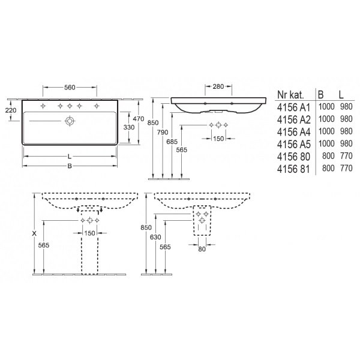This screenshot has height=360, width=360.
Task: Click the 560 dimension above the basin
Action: pyautogui.click(x=70, y=88)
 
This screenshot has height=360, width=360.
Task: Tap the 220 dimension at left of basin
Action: pyautogui.click(x=11, y=110)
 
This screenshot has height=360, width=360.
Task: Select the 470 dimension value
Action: pyautogui.click(x=139, y=119)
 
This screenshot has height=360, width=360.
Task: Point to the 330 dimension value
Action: pyautogui.click(x=129, y=127)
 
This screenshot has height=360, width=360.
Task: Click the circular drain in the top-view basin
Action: pyautogui.click(x=70, y=121)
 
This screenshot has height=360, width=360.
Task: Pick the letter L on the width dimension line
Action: pyautogui.click(x=70, y=157)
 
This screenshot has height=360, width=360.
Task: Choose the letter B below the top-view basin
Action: pyautogui.click(x=70, y=166)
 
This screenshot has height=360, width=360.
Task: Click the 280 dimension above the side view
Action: pyautogui.click(x=218, y=86)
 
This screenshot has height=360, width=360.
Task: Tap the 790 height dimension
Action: pyautogui.click(x=163, y=132)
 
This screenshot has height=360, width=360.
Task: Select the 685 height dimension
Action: pyautogui.click(x=172, y=142)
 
